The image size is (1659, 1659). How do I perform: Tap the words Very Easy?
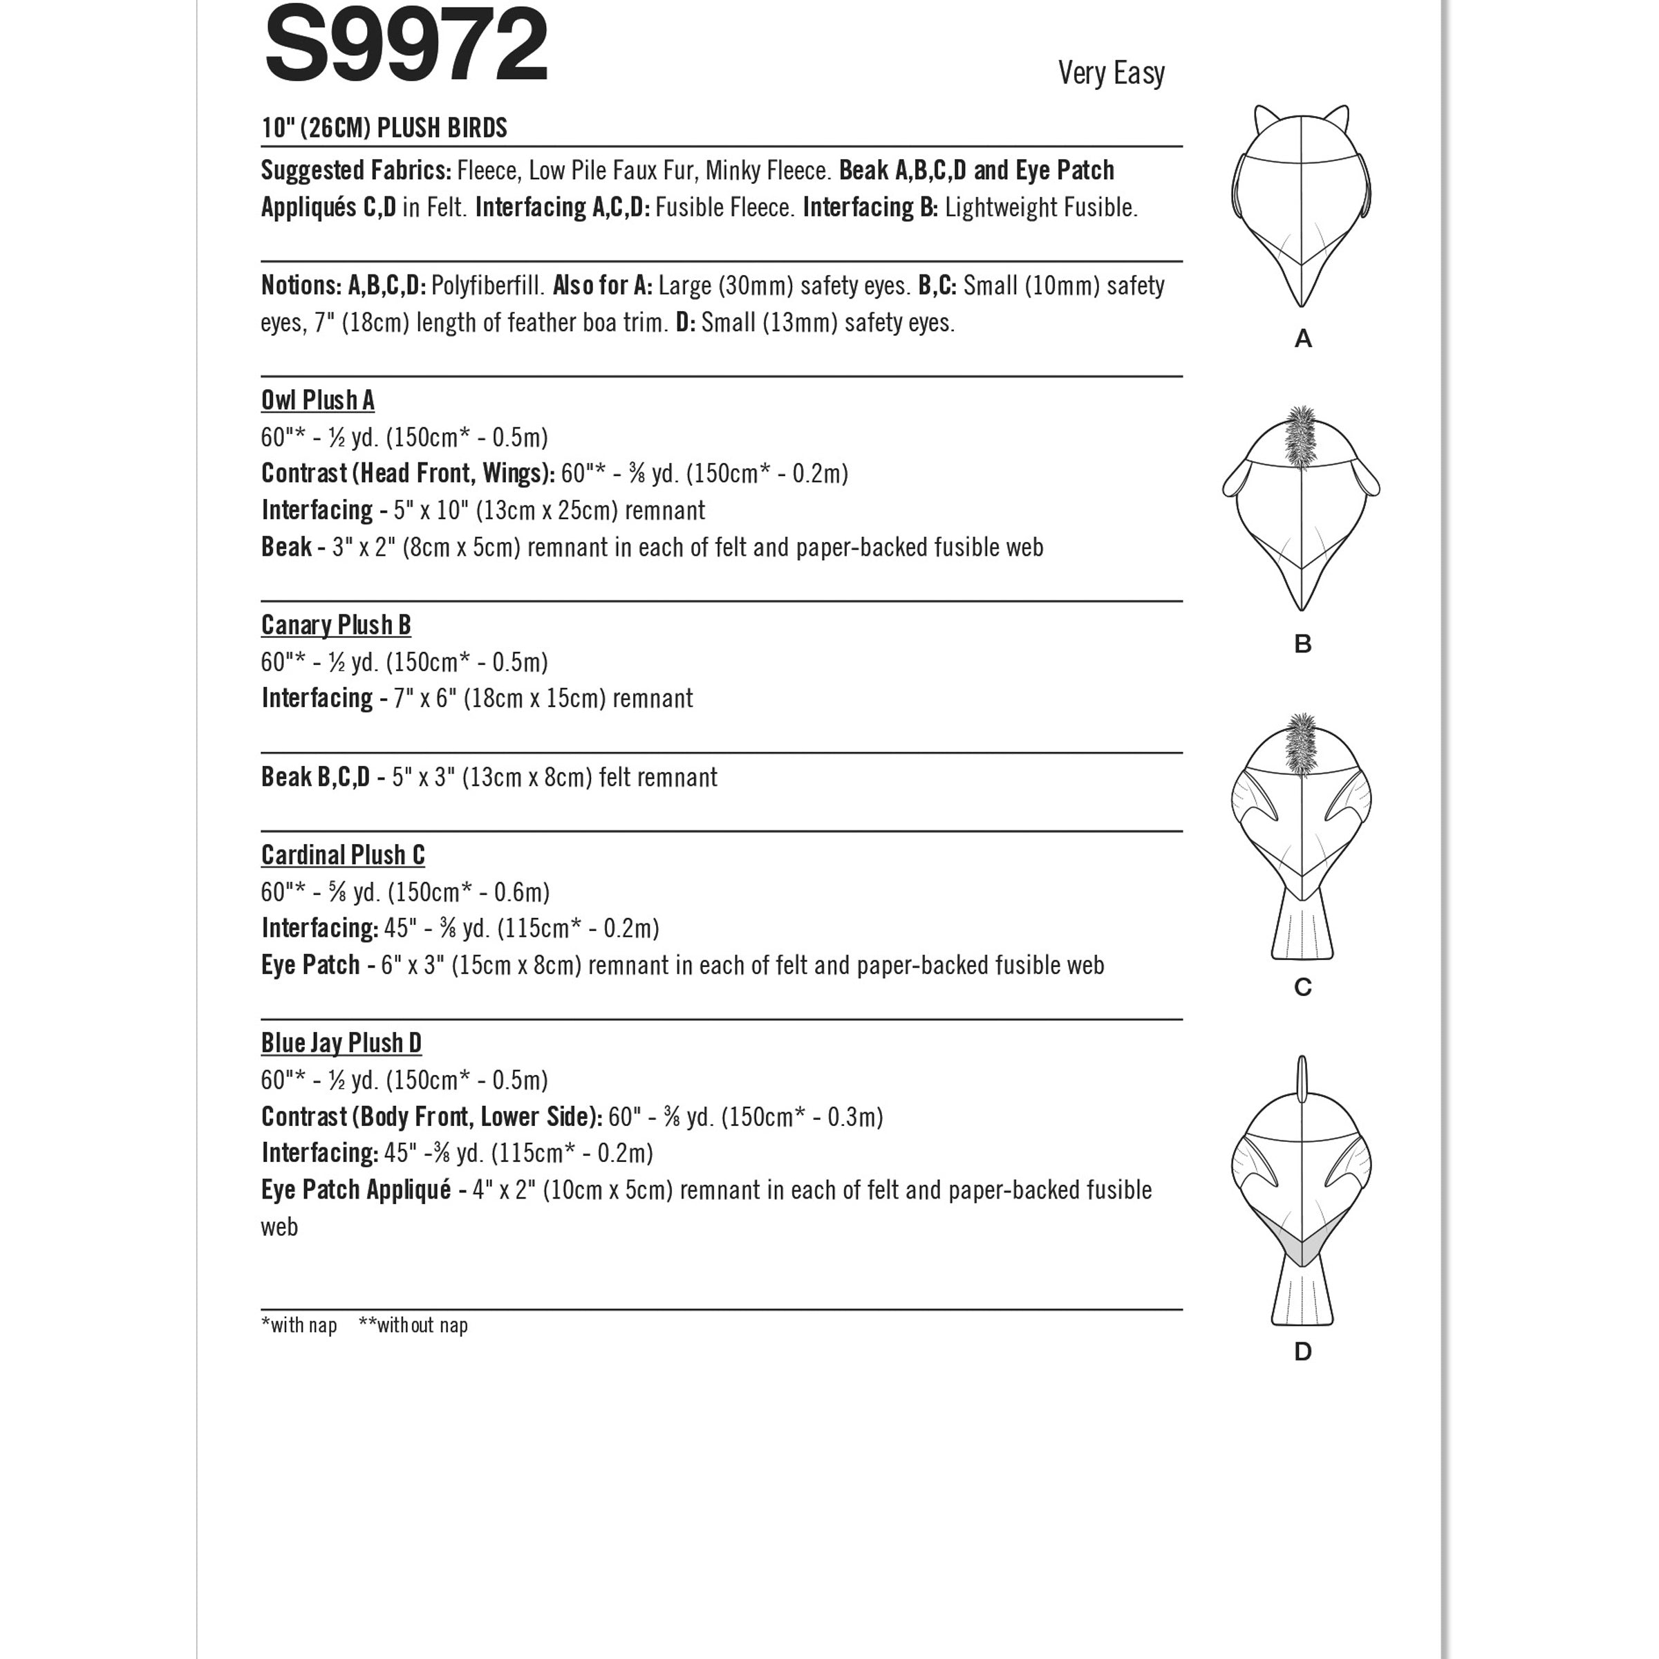tap(1110, 74)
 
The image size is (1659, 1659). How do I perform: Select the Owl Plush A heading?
tap(318, 401)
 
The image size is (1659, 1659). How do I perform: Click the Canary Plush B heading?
tap(336, 625)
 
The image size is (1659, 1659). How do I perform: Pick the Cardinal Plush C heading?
tap(343, 855)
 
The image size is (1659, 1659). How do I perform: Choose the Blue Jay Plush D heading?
tap(341, 1043)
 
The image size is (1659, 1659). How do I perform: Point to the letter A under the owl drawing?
tap(1302, 339)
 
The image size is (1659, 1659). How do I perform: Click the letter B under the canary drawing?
tap(1302, 644)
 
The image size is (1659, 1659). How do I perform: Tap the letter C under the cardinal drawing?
tap(1302, 988)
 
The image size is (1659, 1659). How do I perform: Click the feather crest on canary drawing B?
tap(1302, 438)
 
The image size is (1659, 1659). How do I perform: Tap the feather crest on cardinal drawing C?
tap(1302, 744)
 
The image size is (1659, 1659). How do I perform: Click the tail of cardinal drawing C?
tap(1302, 931)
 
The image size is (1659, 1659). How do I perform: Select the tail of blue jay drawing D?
tap(1302, 1297)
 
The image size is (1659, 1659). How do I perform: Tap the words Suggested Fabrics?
tap(355, 171)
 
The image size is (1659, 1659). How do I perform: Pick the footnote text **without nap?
tap(413, 1325)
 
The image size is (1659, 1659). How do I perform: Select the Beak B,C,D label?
tap(316, 778)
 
